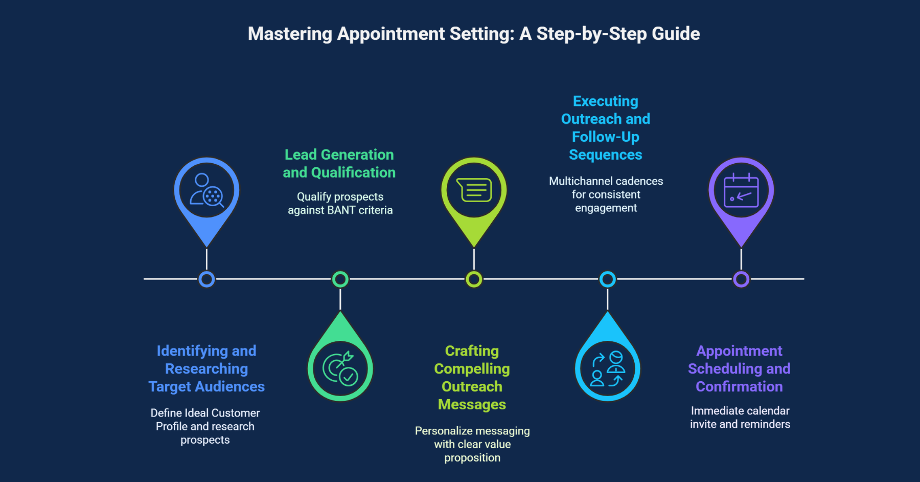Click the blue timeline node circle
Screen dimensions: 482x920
(x=206, y=279)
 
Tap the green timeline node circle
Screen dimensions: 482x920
(x=340, y=279)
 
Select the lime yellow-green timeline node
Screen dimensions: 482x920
(x=474, y=279)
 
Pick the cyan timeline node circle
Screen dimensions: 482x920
(x=607, y=279)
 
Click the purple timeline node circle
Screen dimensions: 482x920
(x=741, y=279)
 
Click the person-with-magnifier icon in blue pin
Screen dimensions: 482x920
(x=206, y=190)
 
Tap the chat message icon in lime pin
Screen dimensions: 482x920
(x=474, y=190)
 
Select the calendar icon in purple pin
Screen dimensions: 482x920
(x=741, y=190)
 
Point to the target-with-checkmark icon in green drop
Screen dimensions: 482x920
(x=340, y=369)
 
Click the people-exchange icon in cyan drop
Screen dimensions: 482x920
(x=607, y=369)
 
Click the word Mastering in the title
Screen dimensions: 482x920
(x=290, y=34)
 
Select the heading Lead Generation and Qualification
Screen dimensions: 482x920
(x=339, y=164)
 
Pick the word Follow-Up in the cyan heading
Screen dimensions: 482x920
(x=605, y=137)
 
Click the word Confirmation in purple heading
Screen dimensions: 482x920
(x=739, y=387)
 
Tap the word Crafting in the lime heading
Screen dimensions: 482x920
(x=472, y=351)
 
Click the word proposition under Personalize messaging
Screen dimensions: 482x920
(x=472, y=458)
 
